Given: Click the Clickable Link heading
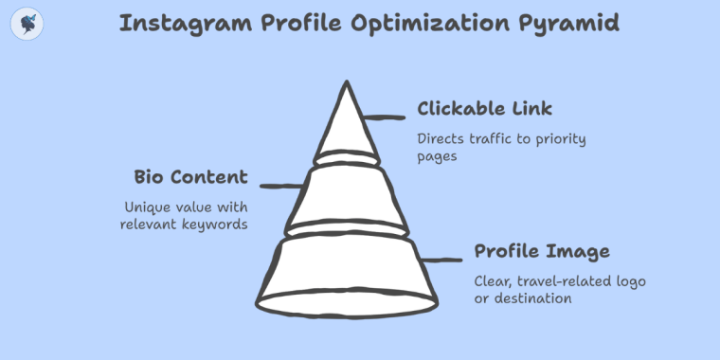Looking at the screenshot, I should pyautogui.click(x=484, y=108).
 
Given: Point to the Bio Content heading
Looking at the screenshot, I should pyautogui.click(x=190, y=177).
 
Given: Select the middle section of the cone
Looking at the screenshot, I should pyautogui.click(x=346, y=196).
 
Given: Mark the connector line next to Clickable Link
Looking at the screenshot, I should pyautogui.click(x=386, y=117).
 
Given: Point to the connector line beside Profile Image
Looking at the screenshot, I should pyautogui.click(x=443, y=259).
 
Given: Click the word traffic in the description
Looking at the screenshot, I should pyautogui.click(x=492, y=139).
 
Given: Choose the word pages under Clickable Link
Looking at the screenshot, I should pyautogui.click(x=438, y=157).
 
